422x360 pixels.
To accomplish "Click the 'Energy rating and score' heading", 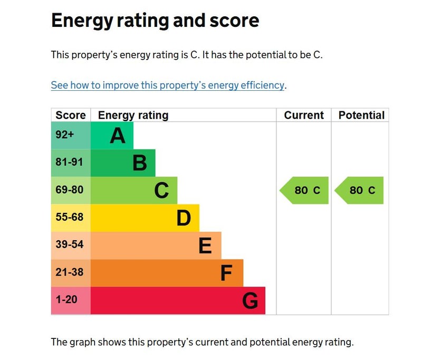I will click(155, 21).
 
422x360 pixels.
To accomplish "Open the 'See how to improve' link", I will click(168, 85).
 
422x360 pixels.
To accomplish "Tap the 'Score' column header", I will click(71, 115).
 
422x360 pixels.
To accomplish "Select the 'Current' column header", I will click(304, 115).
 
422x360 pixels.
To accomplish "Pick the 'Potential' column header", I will click(361, 115).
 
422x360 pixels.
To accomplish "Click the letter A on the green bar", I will click(118, 136).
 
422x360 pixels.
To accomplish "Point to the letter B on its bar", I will click(140, 163).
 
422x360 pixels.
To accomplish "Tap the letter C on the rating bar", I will click(161, 191).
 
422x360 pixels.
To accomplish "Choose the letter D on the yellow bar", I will click(184, 217).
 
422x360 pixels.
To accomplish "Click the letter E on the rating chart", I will click(205, 245).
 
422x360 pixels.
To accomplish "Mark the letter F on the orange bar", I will click(226, 273).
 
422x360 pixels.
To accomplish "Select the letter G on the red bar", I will click(250, 301).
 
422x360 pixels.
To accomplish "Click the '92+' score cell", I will click(65, 135).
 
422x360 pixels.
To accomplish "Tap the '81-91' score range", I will click(70, 163).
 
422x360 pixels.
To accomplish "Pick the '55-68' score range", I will click(70, 217).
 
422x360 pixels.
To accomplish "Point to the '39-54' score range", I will click(70, 245).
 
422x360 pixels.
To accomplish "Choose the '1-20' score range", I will click(66, 300).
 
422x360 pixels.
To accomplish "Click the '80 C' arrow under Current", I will click(305, 191).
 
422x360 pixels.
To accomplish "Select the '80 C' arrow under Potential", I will click(360, 191).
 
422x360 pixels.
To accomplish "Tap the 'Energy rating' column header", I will click(133, 115).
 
